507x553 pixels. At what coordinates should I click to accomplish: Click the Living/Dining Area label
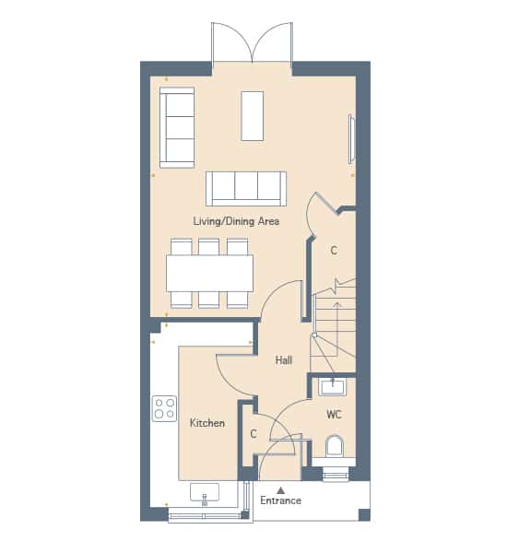[x=236, y=221]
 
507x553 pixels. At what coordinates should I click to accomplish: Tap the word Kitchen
[x=207, y=422]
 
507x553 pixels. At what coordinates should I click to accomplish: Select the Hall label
[x=284, y=360]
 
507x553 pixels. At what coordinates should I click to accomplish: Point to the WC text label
[x=334, y=414]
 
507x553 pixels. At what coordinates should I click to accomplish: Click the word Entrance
[x=280, y=500]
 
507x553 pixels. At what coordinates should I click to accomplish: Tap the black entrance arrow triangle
[x=280, y=490]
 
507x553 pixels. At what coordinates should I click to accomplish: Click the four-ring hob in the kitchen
[x=164, y=408]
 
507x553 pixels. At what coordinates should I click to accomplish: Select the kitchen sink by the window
[x=205, y=492]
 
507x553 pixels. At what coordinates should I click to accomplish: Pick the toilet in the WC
[x=334, y=447]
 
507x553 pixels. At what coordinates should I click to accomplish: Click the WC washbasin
[x=333, y=387]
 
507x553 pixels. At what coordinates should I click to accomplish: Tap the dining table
[x=209, y=274]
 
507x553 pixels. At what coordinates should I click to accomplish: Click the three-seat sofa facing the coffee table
[x=246, y=188]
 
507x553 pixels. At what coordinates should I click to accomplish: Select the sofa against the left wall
[x=177, y=127]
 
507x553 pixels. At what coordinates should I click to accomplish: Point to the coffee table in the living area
[x=253, y=116]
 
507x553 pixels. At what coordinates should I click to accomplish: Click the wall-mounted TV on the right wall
[x=351, y=138]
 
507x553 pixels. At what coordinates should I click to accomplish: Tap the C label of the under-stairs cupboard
[x=334, y=251]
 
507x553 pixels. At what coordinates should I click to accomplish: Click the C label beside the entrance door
[x=253, y=433]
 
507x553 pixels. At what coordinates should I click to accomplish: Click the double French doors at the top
[x=252, y=43]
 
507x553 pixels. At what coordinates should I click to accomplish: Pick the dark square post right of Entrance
[x=364, y=514]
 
